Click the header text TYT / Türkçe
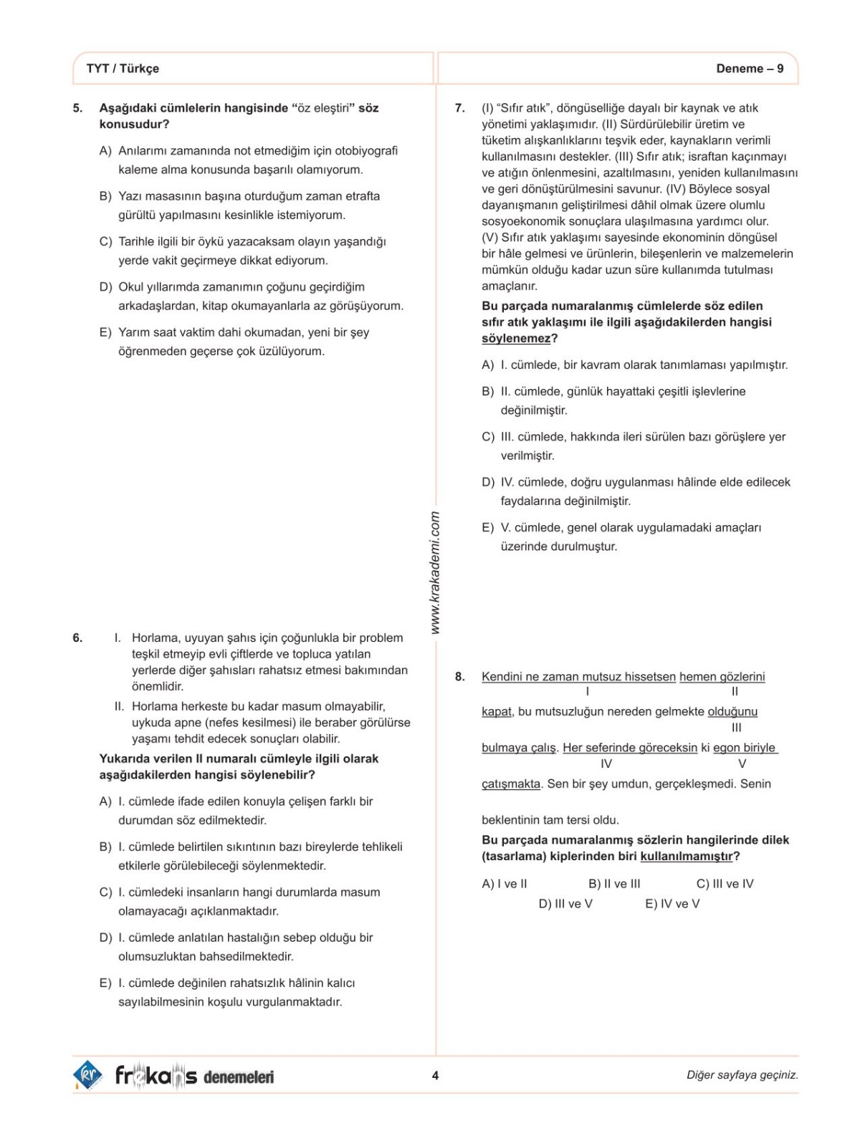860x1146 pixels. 123,69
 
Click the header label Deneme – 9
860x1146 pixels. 750,69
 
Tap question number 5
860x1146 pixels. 77,108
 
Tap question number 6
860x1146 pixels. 77,637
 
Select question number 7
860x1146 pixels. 460,108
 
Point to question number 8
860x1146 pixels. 460,676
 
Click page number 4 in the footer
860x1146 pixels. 435,1075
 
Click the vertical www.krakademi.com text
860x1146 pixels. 435,572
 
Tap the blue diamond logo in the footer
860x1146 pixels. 88,1075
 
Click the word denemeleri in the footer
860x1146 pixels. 239,1077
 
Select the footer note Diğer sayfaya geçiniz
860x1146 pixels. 742,1075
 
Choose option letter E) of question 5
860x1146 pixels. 105,332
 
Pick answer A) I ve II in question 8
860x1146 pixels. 505,884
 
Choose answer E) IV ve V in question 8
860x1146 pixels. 672,904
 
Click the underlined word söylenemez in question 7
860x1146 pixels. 516,339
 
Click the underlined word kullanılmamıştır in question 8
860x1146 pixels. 687,857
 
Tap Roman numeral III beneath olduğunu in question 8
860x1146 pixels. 736,728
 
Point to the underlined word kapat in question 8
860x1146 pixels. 496,712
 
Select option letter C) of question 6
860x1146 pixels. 105,892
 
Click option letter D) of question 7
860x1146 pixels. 488,482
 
